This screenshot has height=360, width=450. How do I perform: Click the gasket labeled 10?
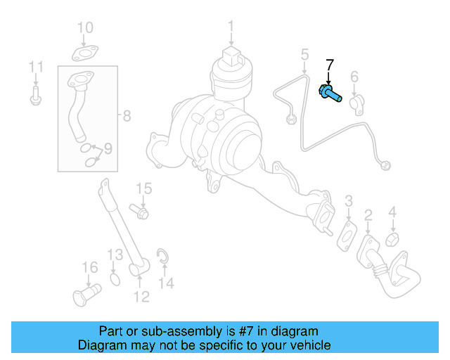[x=85, y=52]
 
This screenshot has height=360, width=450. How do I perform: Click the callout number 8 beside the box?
[x=127, y=116]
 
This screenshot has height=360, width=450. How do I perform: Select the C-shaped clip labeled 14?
[x=162, y=258]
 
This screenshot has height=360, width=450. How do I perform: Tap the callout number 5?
[x=304, y=54]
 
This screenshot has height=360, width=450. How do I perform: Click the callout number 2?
[x=368, y=214]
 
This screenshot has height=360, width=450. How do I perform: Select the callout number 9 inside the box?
[x=108, y=148]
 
